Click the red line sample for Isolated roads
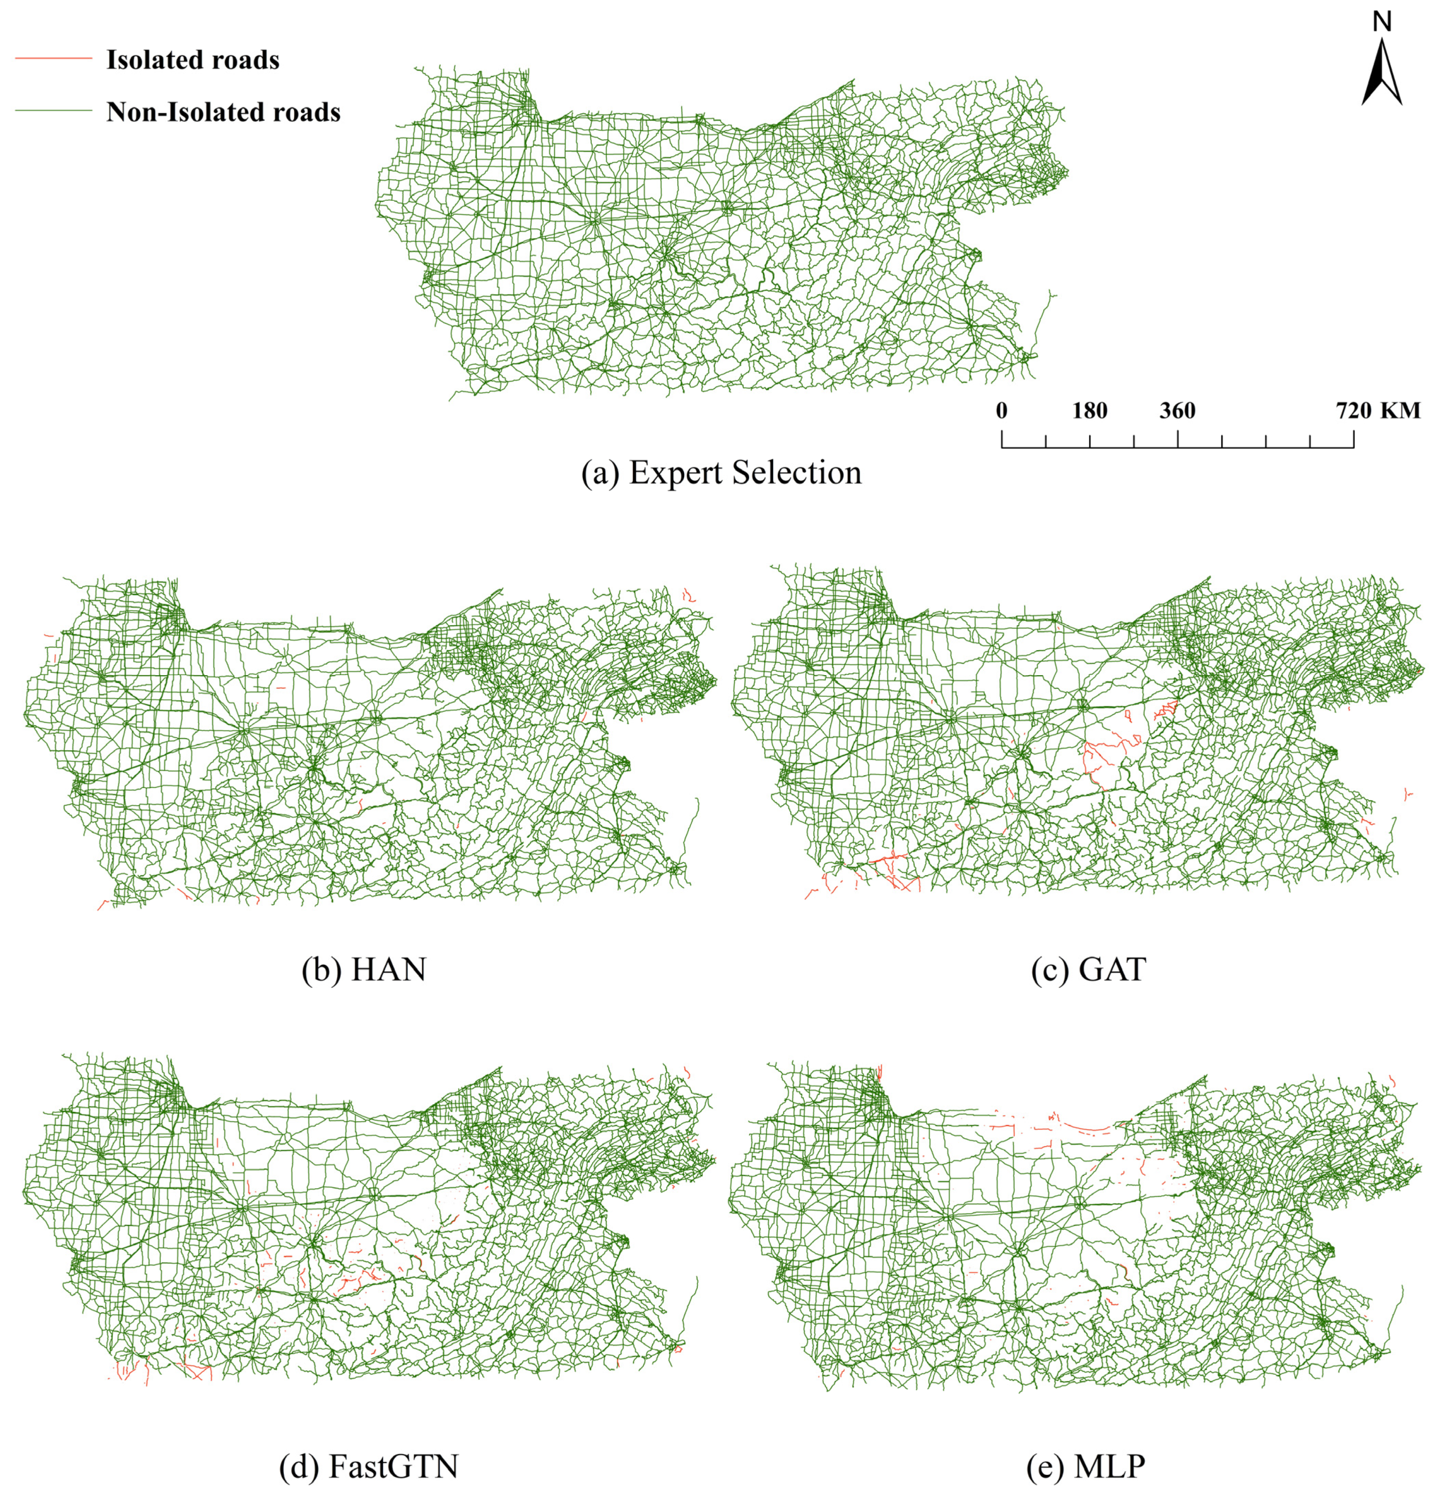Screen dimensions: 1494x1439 point(53,59)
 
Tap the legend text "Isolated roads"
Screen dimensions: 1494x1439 point(193,60)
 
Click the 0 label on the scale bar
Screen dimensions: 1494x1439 point(1002,411)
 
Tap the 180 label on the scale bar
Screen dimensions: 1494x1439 point(1090,411)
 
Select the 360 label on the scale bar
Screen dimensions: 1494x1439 point(1178,411)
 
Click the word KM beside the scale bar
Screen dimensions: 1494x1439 point(1401,411)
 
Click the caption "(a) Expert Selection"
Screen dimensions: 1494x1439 point(721,472)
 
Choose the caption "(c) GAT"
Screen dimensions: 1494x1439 point(1088,970)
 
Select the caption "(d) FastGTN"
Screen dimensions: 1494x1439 point(369,1467)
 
